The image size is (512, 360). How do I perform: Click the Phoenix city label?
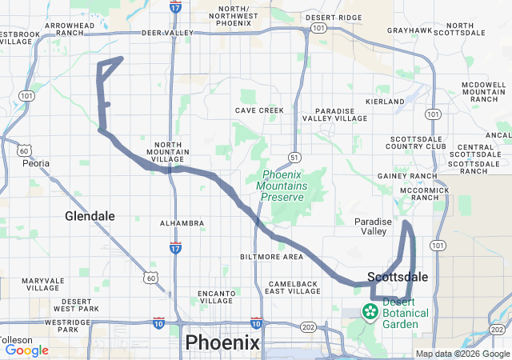(222, 342)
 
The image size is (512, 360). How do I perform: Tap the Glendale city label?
(90, 216)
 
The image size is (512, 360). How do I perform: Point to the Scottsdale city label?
(398, 277)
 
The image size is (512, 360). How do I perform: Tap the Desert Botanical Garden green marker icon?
(370, 310)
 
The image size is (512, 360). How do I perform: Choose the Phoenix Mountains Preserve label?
(292, 186)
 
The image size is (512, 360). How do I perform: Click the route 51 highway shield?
(295, 157)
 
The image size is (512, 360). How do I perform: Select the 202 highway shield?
(309, 327)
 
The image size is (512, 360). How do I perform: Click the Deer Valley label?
(167, 33)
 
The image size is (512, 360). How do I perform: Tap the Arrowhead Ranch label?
(70, 30)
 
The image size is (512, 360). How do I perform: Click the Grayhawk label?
(410, 30)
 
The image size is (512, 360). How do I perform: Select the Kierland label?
(385, 102)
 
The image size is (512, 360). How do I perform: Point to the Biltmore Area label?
(271, 257)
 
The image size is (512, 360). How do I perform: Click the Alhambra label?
(178, 223)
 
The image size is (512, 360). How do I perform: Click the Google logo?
(26, 350)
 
